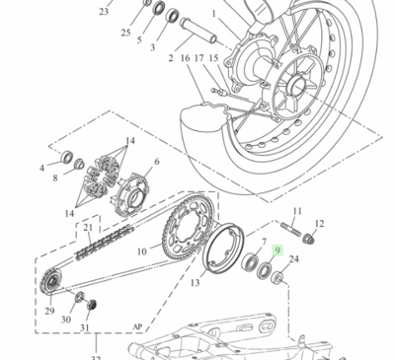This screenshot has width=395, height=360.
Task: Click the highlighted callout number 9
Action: pos(278,252)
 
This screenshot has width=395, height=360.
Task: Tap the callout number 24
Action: pos(292,287)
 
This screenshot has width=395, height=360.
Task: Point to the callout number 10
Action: pos(141,252)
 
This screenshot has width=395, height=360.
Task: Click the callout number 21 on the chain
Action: pos(87,228)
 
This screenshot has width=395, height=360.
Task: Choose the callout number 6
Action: pos(156,162)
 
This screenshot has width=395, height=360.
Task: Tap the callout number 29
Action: pos(49,311)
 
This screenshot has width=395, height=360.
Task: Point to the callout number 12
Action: pos(319,225)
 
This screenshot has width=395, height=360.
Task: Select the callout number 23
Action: pos(104,12)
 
